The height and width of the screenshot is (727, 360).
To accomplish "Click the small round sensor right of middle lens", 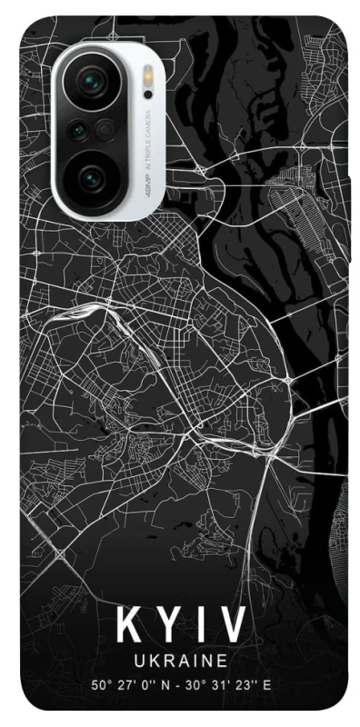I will pyautogui.click(x=105, y=128).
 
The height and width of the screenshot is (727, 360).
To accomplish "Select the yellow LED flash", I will pyautogui.click(x=147, y=76).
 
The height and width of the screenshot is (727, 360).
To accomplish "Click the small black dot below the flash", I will pyautogui.click(x=147, y=95).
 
